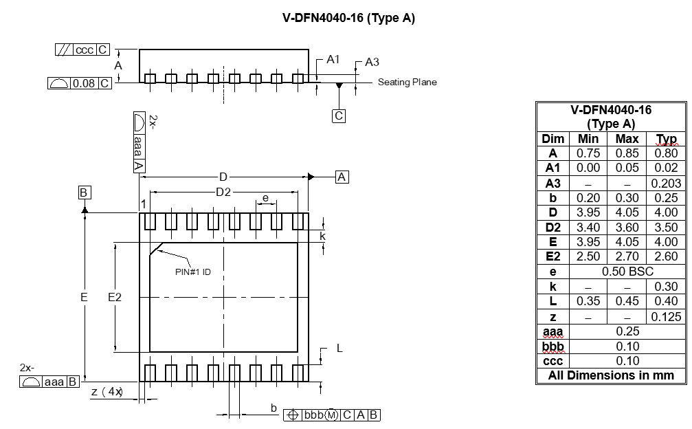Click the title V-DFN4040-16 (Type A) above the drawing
(x=348, y=19)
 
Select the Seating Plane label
(x=407, y=82)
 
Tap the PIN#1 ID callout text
(x=193, y=272)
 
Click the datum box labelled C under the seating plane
(x=339, y=116)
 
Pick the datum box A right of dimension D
(x=342, y=177)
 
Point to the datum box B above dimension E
(x=84, y=192)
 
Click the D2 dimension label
(x=223, y=192)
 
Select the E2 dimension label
(x=115, y=297)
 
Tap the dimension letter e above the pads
(x=265, y=199)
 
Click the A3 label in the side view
(x=372, y=63)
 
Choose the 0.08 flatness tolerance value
(x=84, y=84)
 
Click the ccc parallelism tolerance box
(x=85, y=50)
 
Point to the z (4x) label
(x=107, y=392)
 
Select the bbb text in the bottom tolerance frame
(x=313, y=415)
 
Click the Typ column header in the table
(x=666, y=139)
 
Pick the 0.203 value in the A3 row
(x=666, y=183)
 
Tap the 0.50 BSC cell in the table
(x=627, y=272)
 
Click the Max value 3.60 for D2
(x=627, y=228)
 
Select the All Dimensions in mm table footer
(x=611, y=375)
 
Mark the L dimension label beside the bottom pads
(x=339, y=349)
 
